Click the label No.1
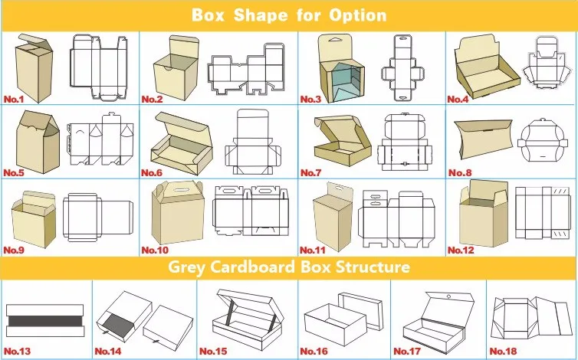coord(15,99)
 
